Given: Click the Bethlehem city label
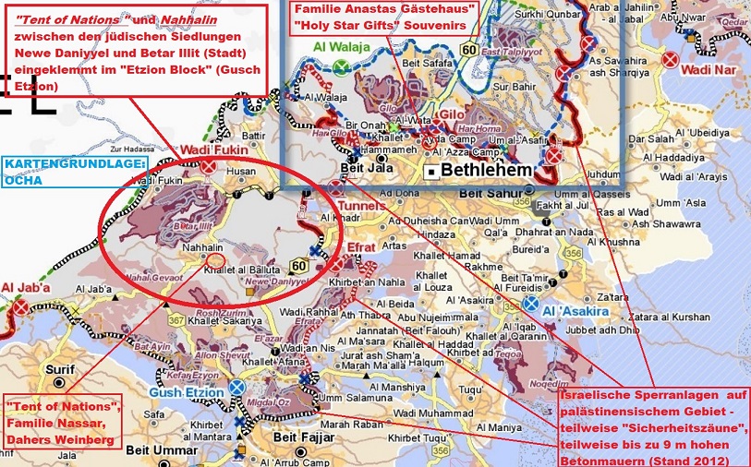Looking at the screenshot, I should point(488,171).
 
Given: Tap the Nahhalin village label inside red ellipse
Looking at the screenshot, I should point(202,248).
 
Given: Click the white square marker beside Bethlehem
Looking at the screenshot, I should point(430,173).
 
